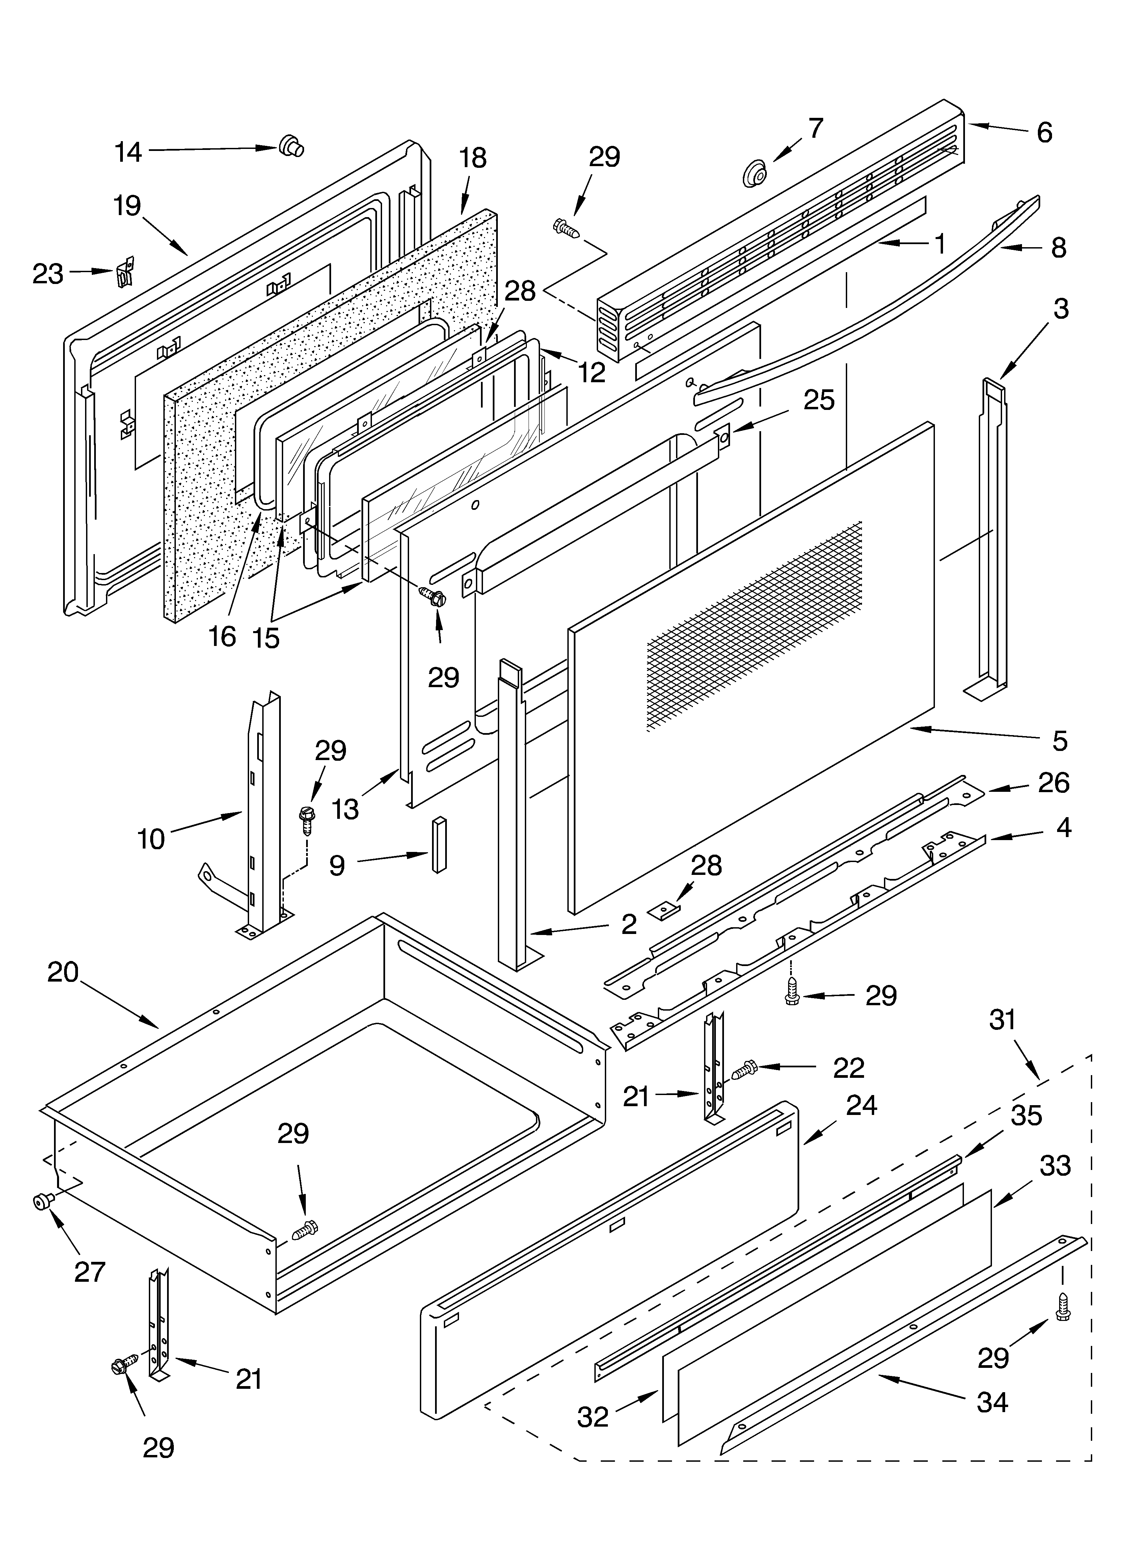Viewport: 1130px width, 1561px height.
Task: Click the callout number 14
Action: tap(128, 151)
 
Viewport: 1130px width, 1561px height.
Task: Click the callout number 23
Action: tap(48, 274)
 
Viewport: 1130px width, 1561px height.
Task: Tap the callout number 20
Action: tap(63, 972)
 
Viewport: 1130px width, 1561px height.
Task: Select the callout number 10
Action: tap(152, 839)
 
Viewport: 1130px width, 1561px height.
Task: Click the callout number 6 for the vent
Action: tap(1044, 132)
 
